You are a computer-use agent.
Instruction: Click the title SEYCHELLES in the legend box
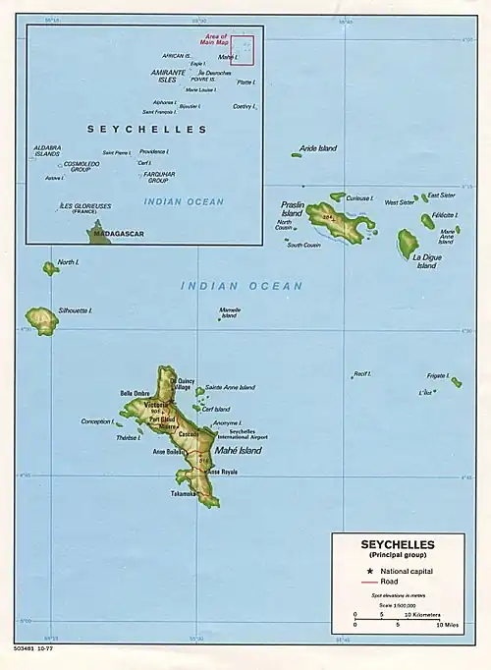tap(397, 544)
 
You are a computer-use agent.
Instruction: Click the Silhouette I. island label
tap(76, 309)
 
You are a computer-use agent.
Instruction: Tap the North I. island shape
tap(49, 267)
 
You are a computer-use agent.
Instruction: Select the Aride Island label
tap(319, 148)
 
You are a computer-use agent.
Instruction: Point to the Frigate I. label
tap(438, 375)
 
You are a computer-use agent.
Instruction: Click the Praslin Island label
tap(292, 209)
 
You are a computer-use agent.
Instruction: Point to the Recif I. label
tap(362, 373)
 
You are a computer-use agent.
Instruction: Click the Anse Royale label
tap(222, 472)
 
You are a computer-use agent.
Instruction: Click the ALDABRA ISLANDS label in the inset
tap(46, 151)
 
